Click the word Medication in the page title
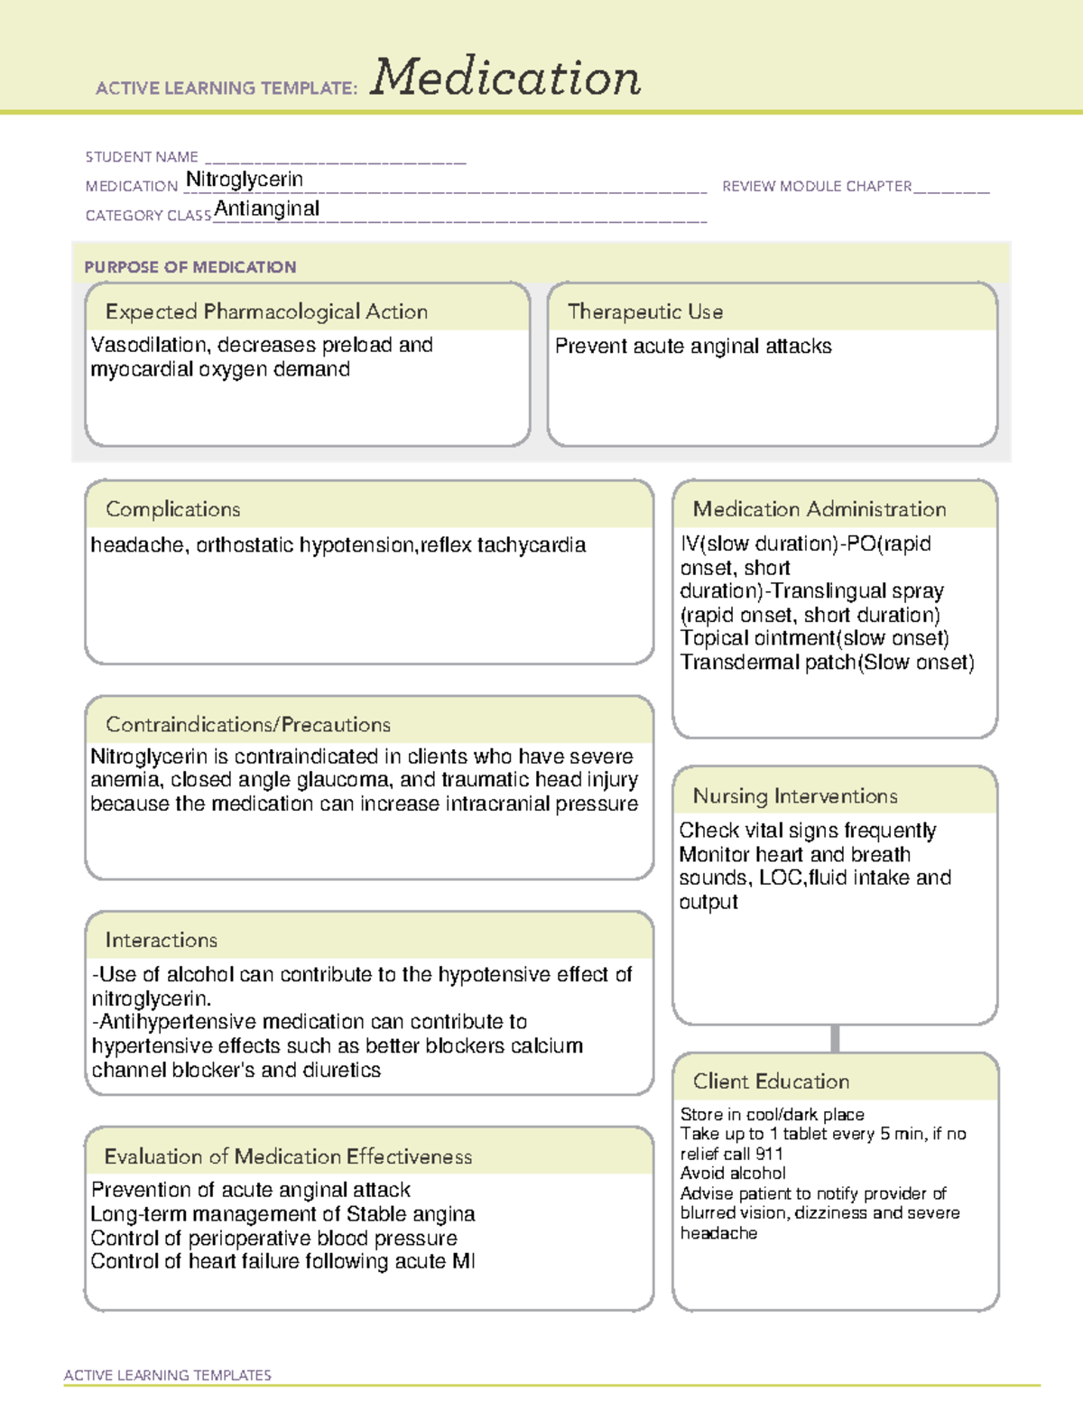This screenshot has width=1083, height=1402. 505,78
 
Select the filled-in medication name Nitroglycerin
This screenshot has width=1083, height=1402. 245,180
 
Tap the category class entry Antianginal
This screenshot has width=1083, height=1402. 267,209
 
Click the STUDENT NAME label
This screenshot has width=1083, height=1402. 142,157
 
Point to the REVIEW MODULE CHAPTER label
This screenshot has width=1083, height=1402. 817,186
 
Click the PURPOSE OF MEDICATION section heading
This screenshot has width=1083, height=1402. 190,267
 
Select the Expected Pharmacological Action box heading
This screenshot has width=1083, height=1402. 266,311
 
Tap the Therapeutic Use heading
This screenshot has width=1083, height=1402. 645,311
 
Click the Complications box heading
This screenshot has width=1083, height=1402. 172,509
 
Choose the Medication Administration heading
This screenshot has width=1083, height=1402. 819,509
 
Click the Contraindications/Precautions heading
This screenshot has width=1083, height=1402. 248,724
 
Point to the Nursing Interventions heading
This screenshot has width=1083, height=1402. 795,795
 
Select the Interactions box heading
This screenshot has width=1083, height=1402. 162,940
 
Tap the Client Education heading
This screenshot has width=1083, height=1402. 771,1081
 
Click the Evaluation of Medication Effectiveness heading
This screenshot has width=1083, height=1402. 288,1156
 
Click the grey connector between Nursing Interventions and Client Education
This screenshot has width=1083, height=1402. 835,1038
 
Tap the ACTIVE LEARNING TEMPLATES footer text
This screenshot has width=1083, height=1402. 168,1375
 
